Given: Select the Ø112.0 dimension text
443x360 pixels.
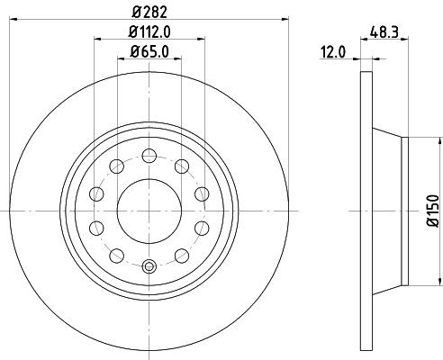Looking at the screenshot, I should click(149, 31).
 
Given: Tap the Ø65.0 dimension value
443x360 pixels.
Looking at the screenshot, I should click(149, 53).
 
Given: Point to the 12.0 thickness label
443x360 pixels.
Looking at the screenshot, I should click(335, 53).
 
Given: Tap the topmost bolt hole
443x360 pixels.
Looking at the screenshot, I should click(149, 155).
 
